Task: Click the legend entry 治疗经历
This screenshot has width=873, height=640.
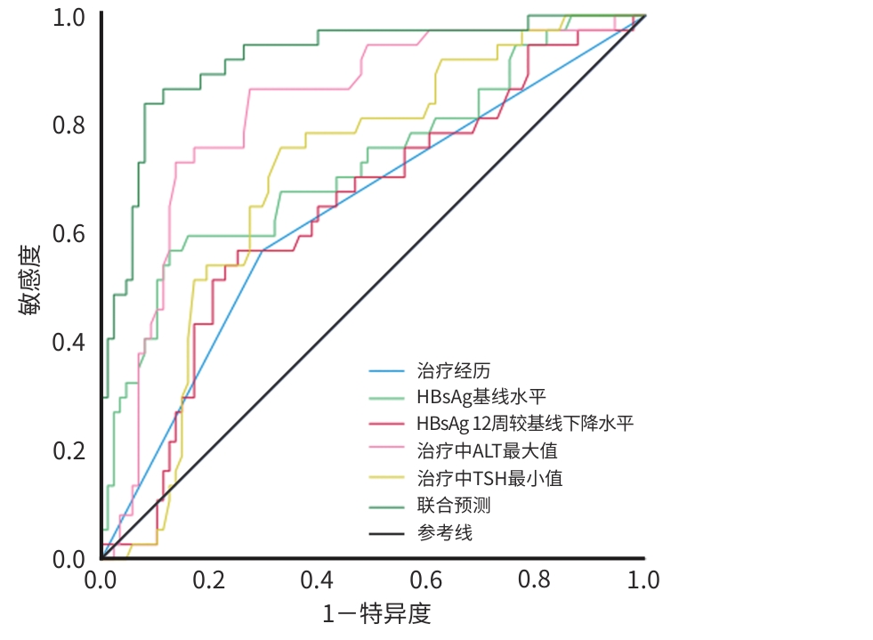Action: click(x=453, y=370)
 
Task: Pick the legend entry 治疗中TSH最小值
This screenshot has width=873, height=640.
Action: click(x=489, y=478)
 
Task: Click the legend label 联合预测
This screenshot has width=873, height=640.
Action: click(x=453, y=506)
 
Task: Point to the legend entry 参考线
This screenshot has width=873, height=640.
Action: click(x=444, y=533)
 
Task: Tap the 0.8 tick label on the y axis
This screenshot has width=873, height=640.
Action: click(x=69, y=126)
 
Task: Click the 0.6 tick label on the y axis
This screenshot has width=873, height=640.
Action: click(x=69, y=234)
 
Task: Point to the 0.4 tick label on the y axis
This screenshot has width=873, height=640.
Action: click(x=69, y=343)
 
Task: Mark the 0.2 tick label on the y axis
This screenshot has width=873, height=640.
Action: click(x=69, y=451)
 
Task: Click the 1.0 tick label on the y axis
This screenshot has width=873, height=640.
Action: click(x=69, y=18)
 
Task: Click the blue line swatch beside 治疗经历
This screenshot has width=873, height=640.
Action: click(x=386, y=370)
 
